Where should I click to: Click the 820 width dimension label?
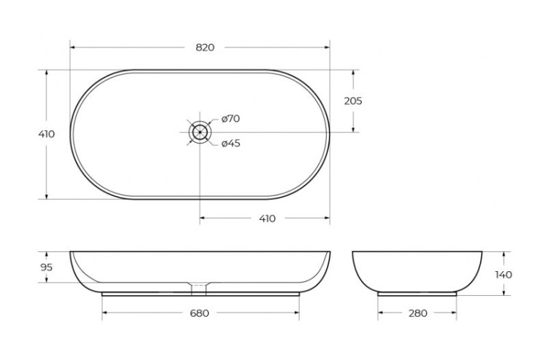(x=205, y=47)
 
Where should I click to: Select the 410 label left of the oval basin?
(x=46, y=134)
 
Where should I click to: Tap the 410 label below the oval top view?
(x=267, y=218)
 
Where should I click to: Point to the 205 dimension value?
(x=353, y=101)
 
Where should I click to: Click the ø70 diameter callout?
(x=230, y=118)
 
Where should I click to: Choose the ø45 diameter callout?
(x=230, y=143)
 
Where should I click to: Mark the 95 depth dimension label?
(x=46, y=267)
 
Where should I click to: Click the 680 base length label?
(x=200, y=313)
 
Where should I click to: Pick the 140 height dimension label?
(x=503, y=274)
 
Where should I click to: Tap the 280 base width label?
(x=418, y=313)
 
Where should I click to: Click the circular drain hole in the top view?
(x=200, y=132)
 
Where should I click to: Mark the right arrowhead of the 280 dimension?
(x=456, y=313)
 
